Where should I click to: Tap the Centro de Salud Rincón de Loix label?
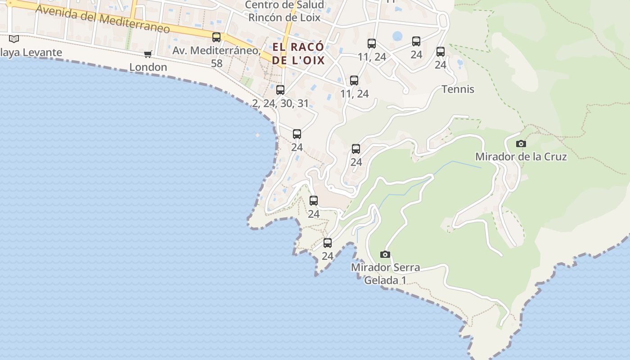point(284,11)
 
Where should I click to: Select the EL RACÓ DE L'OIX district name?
point(298,54)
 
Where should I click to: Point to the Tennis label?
point(458,89)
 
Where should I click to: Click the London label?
point(148,67)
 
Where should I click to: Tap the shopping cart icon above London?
point(148,54)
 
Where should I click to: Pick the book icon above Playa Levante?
point(14,39)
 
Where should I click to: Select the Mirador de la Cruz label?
point(521,157)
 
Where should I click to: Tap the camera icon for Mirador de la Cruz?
point(521,144)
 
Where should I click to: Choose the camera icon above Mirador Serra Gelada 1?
point(385,254)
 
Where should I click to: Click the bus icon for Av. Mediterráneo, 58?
point(216,37)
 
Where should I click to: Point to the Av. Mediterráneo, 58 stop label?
point(216,57)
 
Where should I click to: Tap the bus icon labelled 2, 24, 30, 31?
point(280,90)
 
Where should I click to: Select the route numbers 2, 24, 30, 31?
point(280,103)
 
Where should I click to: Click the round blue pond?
point(397,36)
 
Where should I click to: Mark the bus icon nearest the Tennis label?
point(441,52)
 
